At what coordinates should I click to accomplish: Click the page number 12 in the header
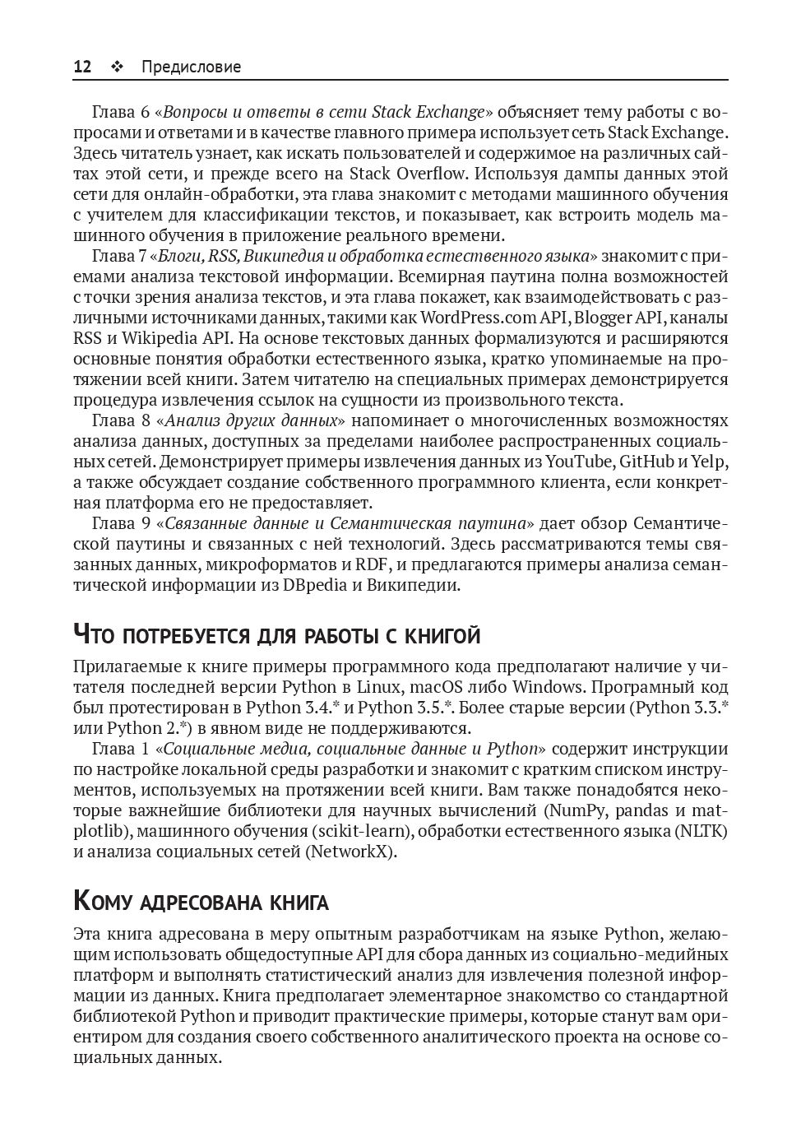click(x=82, y=67)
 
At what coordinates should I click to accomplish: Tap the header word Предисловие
click(x=191, y=67)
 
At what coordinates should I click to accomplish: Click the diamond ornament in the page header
click(x=117, y=67)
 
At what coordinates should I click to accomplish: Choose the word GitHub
click(x=647, y=462)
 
